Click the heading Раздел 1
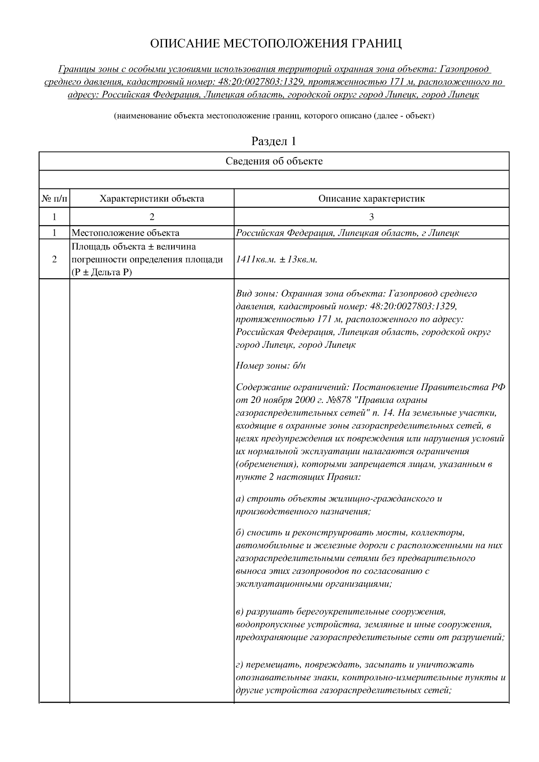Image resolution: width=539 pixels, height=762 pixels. coord(274,141)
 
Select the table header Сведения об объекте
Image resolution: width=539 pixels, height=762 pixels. coord(274,161)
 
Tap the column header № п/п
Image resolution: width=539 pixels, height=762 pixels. coord(54,198)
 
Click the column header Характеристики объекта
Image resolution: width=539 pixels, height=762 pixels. coord(151,198)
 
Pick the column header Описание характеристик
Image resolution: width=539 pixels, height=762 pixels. coord(371,198)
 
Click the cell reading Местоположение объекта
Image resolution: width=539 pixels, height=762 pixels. coord(125,232)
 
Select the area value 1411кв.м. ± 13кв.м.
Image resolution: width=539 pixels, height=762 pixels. coord(277,259)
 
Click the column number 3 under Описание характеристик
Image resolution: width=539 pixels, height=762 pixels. coord(371,217)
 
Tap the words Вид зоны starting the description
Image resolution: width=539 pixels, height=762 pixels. coord(251,293)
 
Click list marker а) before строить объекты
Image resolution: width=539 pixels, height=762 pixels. coord(240,499)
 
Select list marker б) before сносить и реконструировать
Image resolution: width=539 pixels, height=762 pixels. coord(240,533)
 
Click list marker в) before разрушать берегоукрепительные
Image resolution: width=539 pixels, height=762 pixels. coord(239,612)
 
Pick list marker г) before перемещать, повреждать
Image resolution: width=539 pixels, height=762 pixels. coord(239,664)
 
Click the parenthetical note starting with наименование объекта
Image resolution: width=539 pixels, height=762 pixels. coord(274,116)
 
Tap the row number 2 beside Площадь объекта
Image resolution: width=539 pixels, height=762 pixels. coord(54,259)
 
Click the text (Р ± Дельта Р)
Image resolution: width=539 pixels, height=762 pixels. coord(102,272)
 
